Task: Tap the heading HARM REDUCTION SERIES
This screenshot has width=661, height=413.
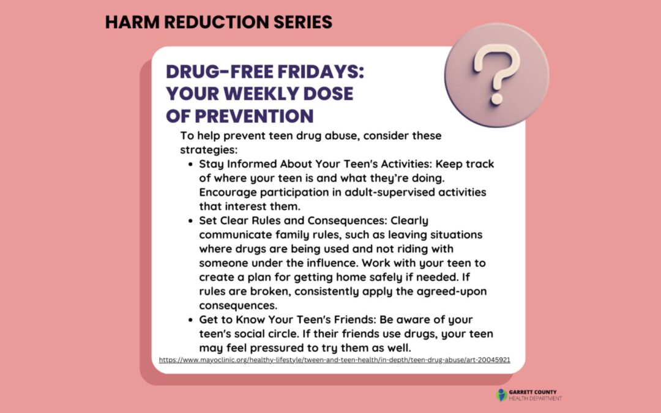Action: [x=218, y=23]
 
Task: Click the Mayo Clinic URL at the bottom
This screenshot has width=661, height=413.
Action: [x=334, y=360]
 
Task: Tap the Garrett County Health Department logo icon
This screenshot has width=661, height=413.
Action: [x=502, y=395]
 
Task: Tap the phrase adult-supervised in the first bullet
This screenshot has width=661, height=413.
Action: [x=359, y=192]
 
